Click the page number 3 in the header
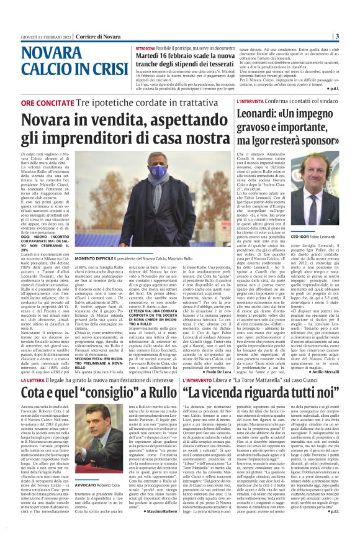click(354, 35)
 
